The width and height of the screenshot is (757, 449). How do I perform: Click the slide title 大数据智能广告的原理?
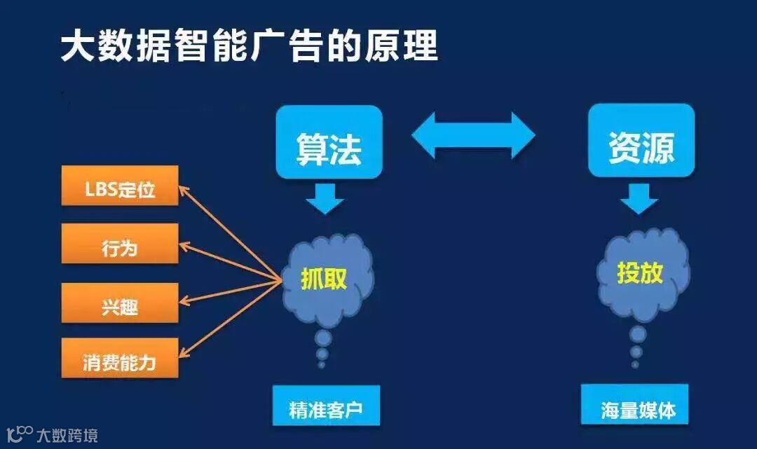coord(250,46)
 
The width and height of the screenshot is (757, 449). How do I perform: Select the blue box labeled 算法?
coord(329,141)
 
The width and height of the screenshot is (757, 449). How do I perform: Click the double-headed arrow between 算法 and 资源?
coord(472,134)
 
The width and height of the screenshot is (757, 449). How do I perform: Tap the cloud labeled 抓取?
coord(325,277)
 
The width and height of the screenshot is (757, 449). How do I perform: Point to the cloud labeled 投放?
coord(641,272)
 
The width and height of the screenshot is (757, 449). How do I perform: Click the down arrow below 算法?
coord(325,198)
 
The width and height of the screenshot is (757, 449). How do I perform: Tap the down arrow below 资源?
coord(639,198)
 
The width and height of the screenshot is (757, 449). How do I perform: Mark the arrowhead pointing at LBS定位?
coord(184,188)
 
